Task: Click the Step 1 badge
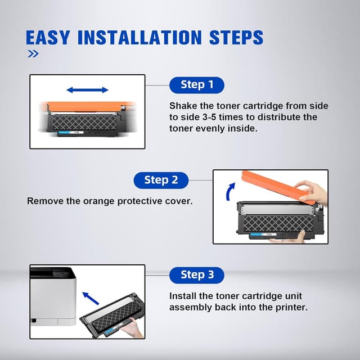pyautogui.click(x=197, y=85)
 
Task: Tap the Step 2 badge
pyautogui.click(x=161, y=180)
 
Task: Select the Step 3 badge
pyautogui.click(x=197, y=275)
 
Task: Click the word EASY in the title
pyautogui.click(x=47, y=37)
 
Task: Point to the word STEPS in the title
pyautogui.click(x=236, y=37)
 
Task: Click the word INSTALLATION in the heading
pyautogui.click(x=139, y=37)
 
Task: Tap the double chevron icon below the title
pyautogui.click(x=33, y=54)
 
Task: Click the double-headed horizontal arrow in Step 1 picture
pyautogui.click(x=87, y=90)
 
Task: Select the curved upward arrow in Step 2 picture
pyautogui.click(x=230, y=192)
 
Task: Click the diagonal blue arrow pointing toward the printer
pyautogui.click(x=91, y=298)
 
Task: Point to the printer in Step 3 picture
pyautogui.click(x=53, y=296)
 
